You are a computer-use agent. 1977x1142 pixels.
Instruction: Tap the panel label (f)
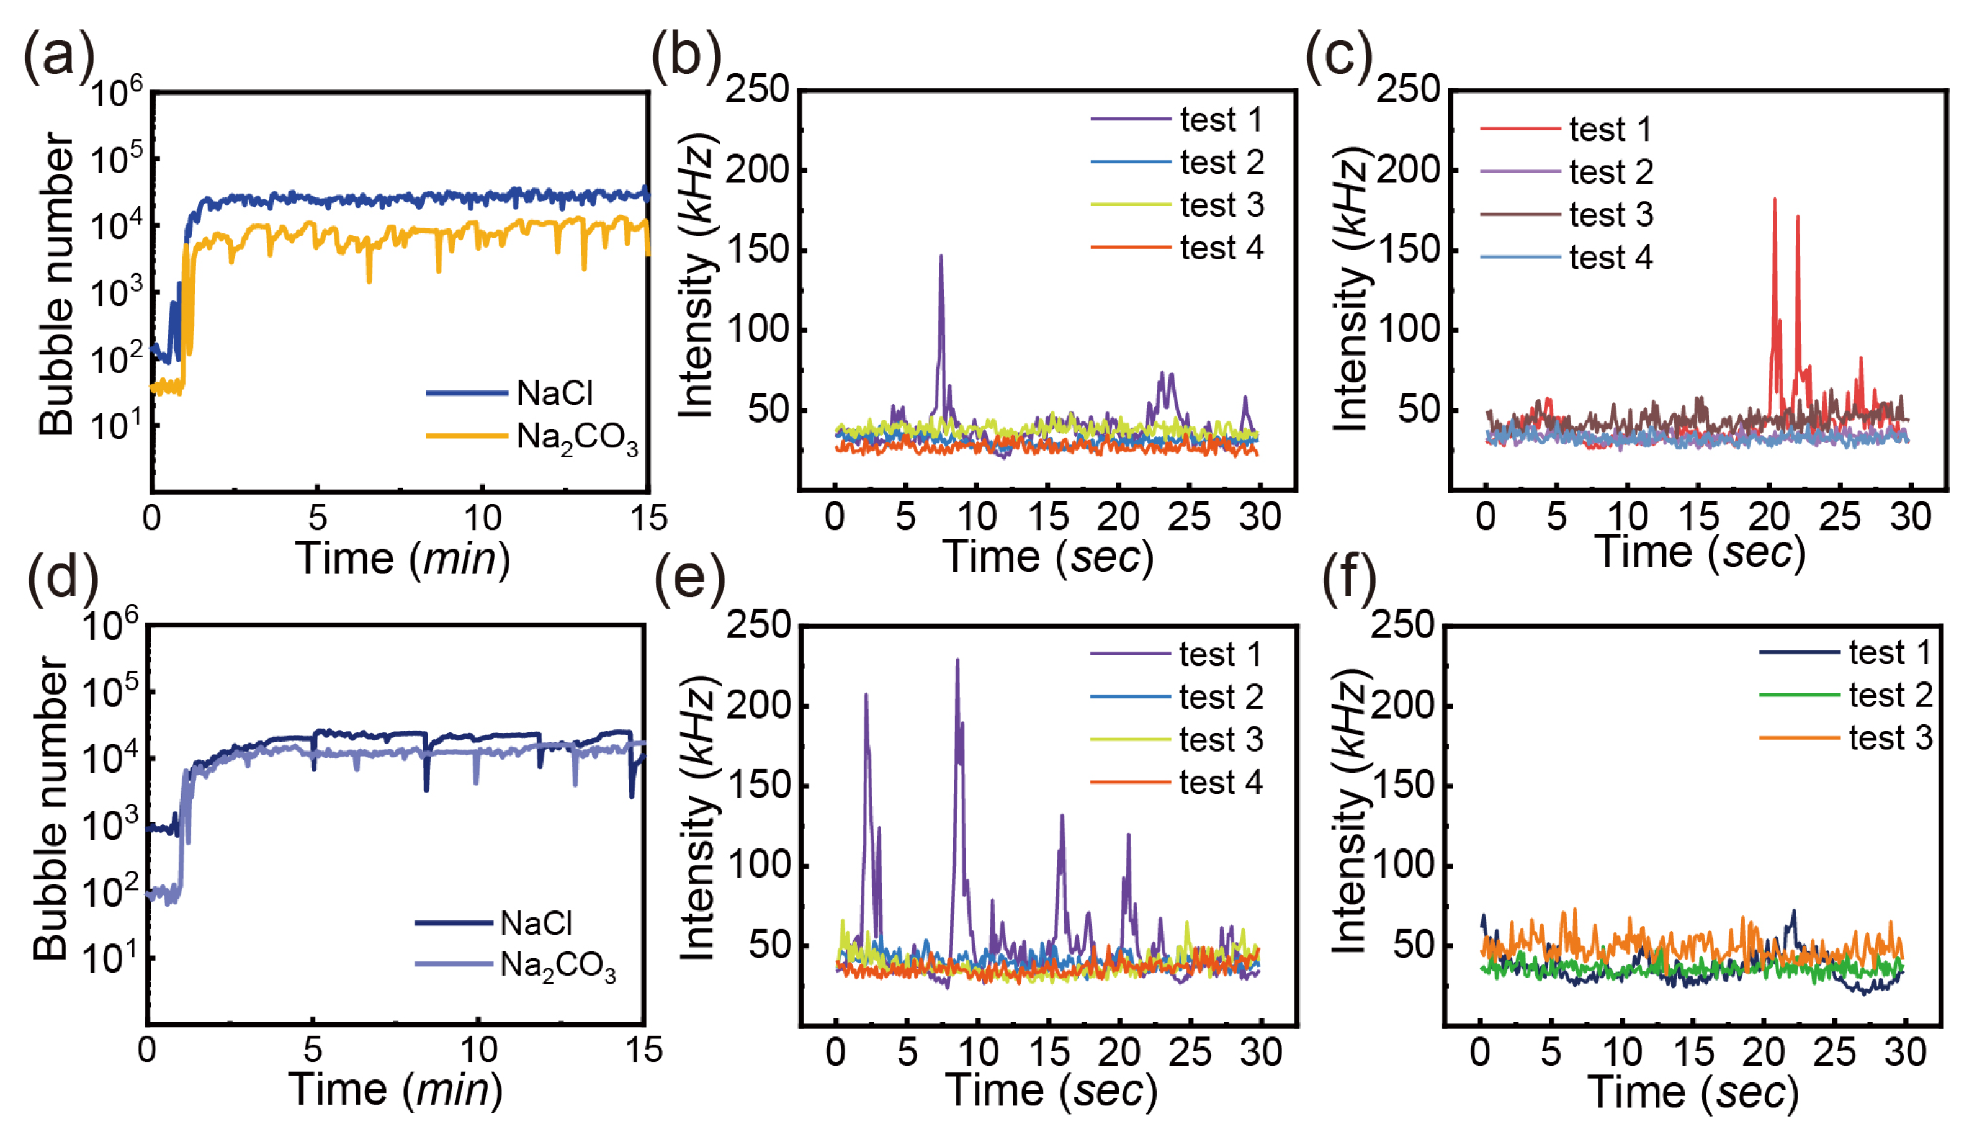pyautogui.click(x=1349, y=580)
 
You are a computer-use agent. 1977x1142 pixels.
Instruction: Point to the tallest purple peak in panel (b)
pyautogui.click(x=941, y=256)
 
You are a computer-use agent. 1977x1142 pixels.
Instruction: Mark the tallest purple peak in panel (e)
pyautogui.click(x=957, y=660)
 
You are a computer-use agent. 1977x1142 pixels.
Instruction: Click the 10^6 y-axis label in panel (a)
pyautogui.click(x=117, y=92)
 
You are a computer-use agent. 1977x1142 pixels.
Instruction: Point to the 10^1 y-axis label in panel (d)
pyautogui.click(x=109, y=958)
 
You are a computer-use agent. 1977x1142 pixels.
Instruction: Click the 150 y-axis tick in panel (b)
pyautogui.click(x=757, y=250)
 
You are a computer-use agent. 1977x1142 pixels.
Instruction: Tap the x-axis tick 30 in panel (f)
pyautogui.click(x=1905, y=1052)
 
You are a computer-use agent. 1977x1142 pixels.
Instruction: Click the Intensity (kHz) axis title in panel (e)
pyautogui.click(x=696, y=816)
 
